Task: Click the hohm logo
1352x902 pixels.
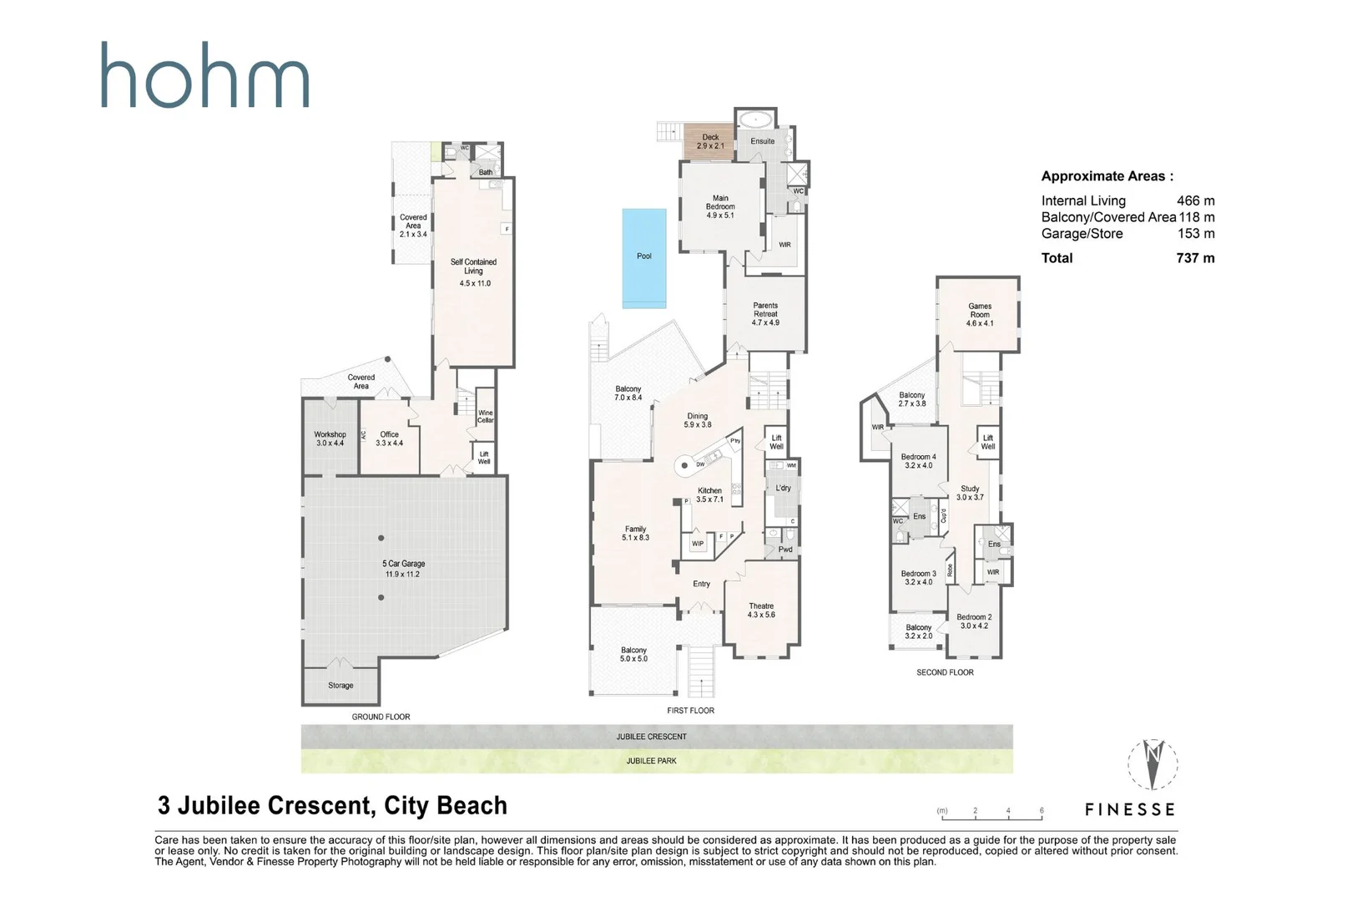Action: (x=204, y=77)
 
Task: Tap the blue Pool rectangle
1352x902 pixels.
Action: (x=643, y=257)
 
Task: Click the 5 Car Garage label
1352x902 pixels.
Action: (x=403, y=569)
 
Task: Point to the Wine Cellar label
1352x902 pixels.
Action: (x=485, y=416)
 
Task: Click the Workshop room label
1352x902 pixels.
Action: (x=330, y=438)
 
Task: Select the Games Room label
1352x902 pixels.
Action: (x=979, y=314)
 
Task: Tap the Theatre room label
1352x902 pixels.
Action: (x=761, y=610)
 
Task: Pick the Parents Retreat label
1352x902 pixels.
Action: (x=764, y=313)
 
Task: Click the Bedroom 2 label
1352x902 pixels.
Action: (x=973, y=621)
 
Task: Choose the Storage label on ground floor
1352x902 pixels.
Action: (x=341, y=685)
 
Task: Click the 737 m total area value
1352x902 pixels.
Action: (x=1194, y=258)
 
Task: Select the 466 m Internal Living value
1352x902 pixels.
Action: (x=1195, y=200)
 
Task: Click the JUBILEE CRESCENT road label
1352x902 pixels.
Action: (x=651, y=737)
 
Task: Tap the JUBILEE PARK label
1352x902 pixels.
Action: (x=651, y=761)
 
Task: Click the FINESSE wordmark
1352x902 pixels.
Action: (x=1129, y=809)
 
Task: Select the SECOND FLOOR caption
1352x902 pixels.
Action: (x=944, y=671)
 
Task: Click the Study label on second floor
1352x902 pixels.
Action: (x=969, y=493)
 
